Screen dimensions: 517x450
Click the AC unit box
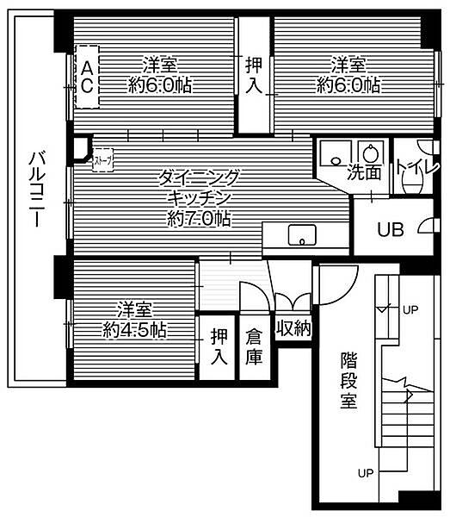(87, 75)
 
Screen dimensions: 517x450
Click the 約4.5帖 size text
(135, 329)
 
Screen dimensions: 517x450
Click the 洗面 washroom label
(365, 171)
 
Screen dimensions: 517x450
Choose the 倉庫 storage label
(254, 345)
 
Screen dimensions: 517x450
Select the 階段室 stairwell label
(348, 380)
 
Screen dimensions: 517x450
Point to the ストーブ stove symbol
(101, 159)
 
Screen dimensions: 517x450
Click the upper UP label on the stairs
(411, 308)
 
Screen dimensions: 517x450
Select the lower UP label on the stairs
(366, 472)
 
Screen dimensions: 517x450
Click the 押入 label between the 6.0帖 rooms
(254, 74)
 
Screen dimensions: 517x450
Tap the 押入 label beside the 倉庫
(219, 345)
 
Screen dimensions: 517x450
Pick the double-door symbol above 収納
(293, 302)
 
